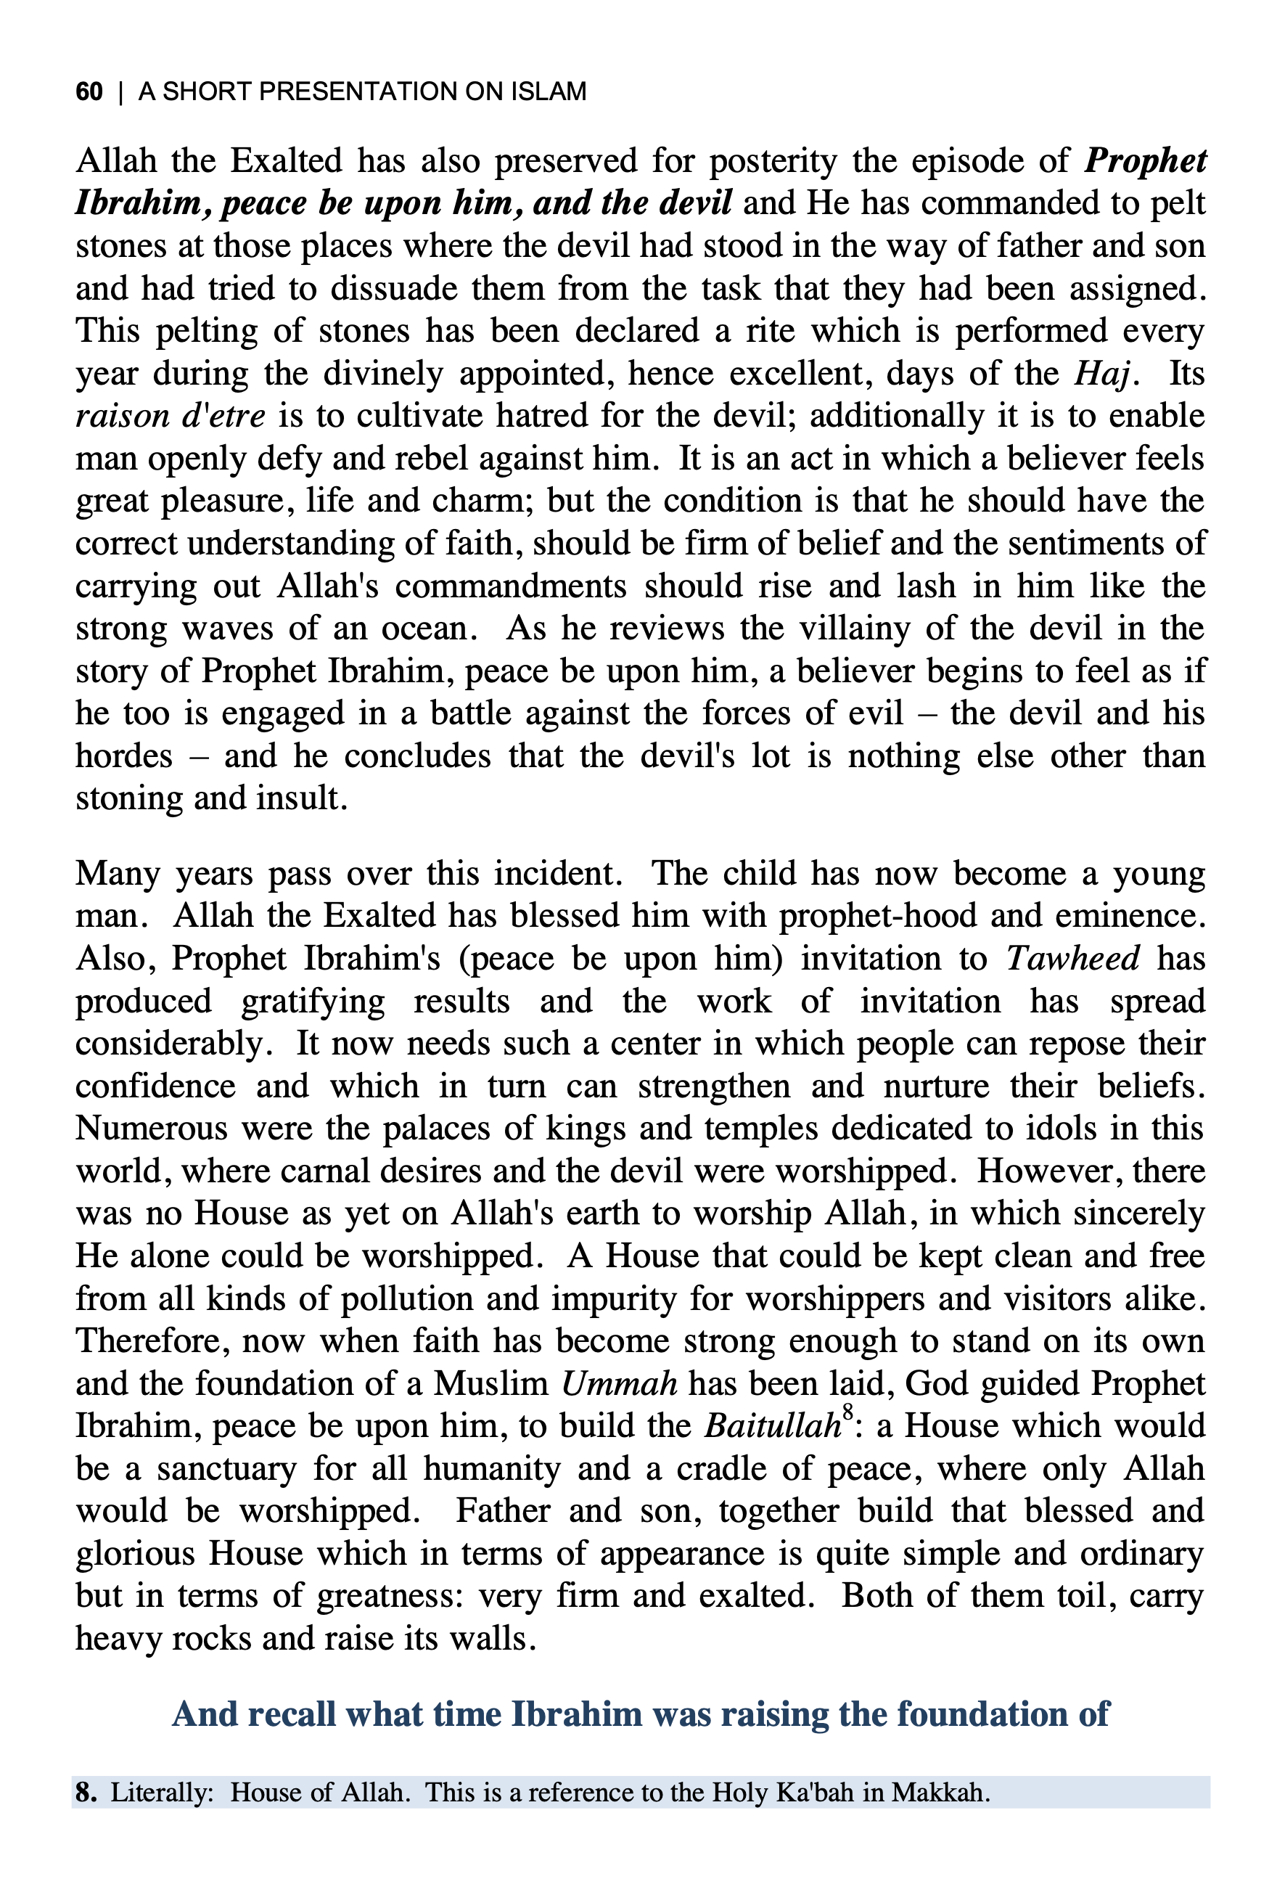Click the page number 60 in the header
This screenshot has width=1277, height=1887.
click(x=89, y=91)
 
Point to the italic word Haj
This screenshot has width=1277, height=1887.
click(x=1101, y=374)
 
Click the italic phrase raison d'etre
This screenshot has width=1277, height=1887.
click(x=171, y=417)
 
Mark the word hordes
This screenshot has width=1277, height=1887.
click(x=124, y=757)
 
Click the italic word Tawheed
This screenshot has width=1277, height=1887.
click(x=1073, y=959)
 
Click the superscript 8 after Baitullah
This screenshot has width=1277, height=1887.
click(x=847, y=1415)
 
